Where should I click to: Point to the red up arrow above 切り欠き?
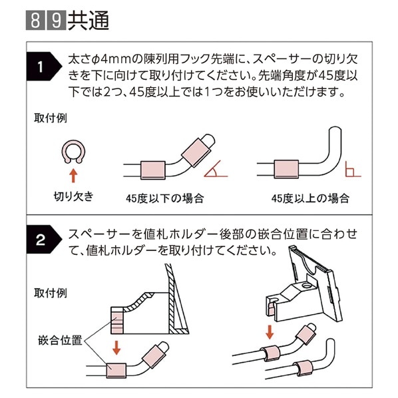coord(73,176)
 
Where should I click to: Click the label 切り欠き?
coord(73,196)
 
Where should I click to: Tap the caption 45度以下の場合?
coord(164,198)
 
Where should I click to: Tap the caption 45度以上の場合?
coord(310,198)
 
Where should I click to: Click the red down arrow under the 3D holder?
coord(268,331)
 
